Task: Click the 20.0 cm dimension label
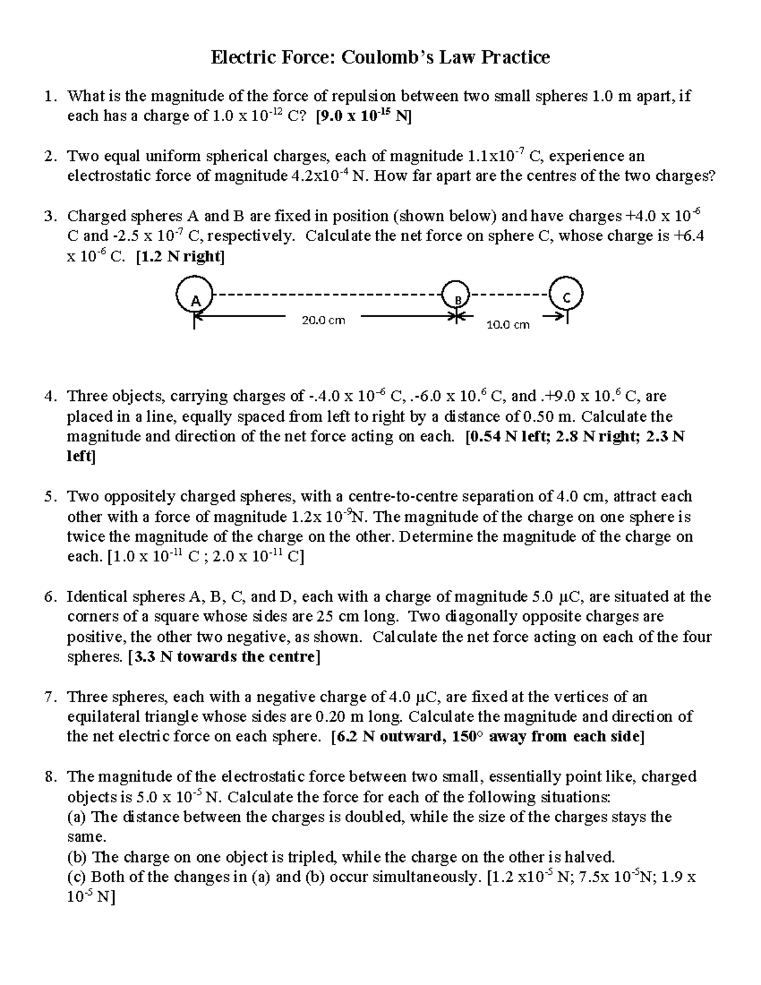click(323, 320)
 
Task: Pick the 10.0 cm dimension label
click(507, 325)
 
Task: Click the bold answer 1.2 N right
click(180, 257)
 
